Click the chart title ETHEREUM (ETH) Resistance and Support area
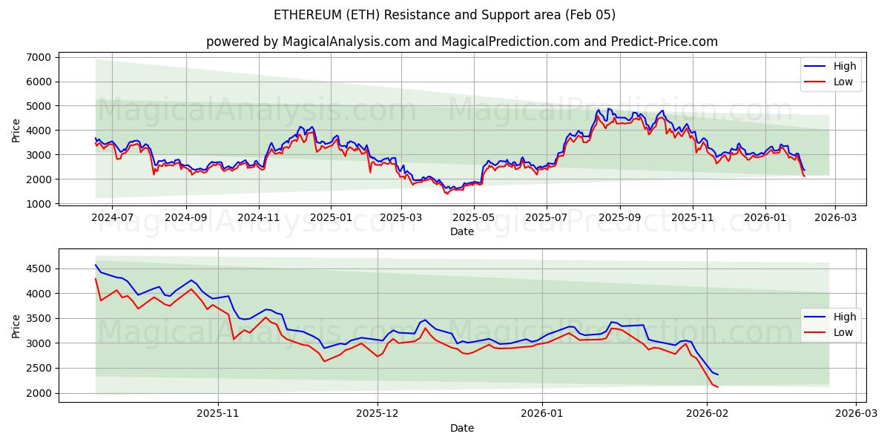pos(445,15)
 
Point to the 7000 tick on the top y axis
pos(38,57)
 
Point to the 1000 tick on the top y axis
pos(38,203)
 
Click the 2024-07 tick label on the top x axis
pos(112,217)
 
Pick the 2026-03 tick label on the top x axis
pos(834,217)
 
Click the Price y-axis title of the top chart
pos(16,130)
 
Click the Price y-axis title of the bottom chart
pos(16,326)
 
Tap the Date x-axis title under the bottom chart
pos(462,428)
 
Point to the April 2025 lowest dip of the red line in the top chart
pos(446,194)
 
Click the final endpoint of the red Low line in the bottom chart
pos(717,387)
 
